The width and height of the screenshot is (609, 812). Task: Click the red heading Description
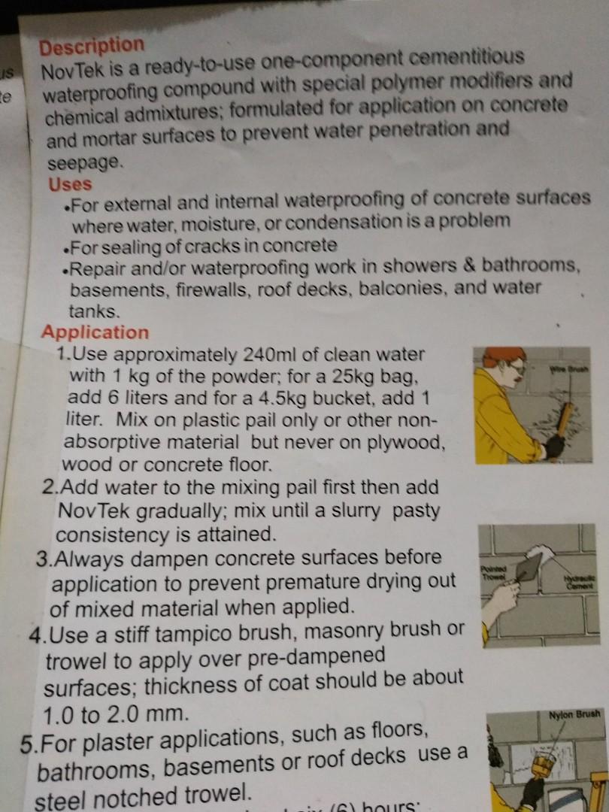(x=91, y=47)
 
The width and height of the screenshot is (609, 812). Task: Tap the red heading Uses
(x=70, y=184)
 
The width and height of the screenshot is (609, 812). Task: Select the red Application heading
(x=95, y=332)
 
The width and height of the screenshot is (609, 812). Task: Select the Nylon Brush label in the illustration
(x=574, y=714)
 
